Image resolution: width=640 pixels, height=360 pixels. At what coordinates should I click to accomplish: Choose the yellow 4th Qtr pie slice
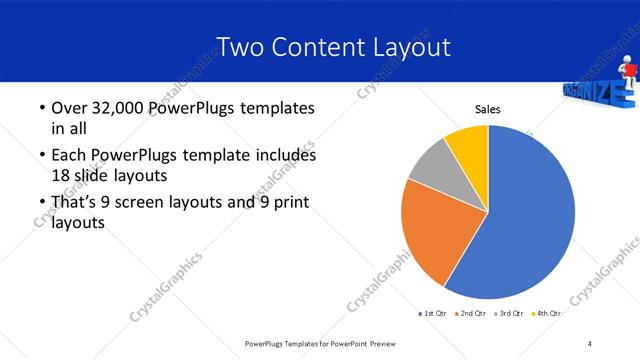click(x=467, y=145)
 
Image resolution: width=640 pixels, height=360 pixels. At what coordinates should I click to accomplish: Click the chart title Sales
click(x=487, y=109)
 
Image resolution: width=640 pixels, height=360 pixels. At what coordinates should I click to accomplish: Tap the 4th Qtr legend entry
click(x=546, y=314)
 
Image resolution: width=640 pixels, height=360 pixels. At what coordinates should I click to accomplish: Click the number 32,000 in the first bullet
click(x=117, y=108)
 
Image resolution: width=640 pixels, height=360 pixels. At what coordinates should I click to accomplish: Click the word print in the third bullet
click(x=284, y=203)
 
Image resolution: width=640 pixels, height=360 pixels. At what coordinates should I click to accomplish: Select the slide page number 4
click(x=590, y=344)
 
